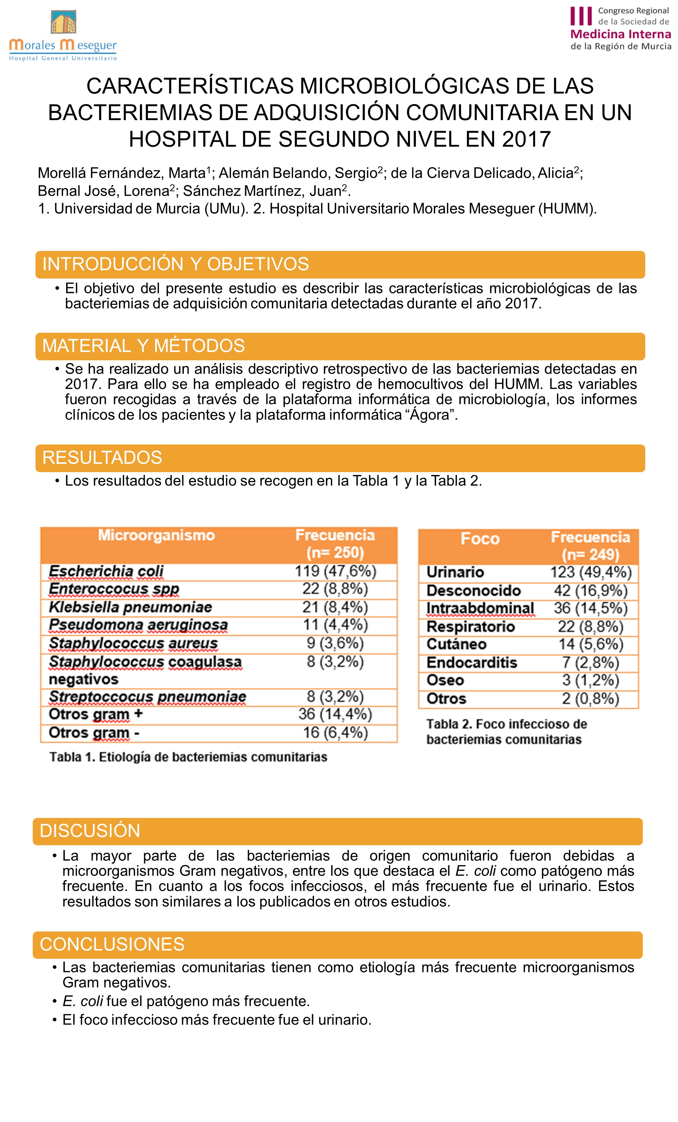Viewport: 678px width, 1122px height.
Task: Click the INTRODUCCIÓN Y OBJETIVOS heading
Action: [176, 264]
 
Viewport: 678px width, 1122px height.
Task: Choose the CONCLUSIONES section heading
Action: [112, 944]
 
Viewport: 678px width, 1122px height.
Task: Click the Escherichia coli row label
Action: [106, 571]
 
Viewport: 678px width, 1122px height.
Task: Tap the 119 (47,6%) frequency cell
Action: [335, 571]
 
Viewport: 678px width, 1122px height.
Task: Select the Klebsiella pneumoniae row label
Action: [130, 607]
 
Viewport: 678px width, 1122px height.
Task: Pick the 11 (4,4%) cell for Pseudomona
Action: [335, 625]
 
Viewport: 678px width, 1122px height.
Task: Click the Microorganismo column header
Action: [156, 535]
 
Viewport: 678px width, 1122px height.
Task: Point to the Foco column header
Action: [480, 539]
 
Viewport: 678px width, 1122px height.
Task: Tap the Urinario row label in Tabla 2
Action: [455, 572]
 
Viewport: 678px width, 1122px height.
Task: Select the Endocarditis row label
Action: [471, 663]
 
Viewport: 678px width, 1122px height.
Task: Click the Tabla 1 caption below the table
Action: [188, 757]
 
